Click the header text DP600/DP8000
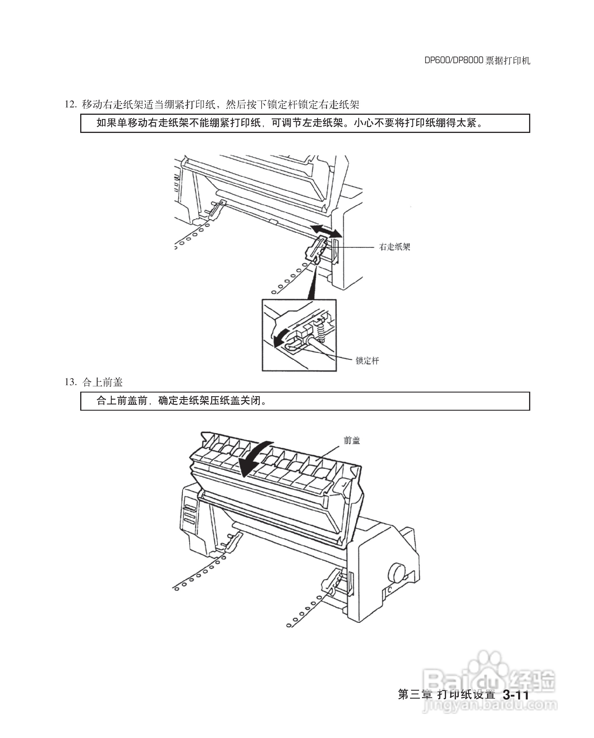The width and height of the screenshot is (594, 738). (x=454, y=61)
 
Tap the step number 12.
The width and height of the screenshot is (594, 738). (x=70, y=104)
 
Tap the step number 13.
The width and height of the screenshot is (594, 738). (x=70, y=382)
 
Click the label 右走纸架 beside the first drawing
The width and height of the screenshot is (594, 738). (x=394, y=247)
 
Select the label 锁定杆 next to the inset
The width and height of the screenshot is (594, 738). (x=367, y=360)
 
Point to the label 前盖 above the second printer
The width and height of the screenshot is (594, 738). (x=352, y=440)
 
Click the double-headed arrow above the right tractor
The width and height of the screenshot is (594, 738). (x=326, y=231)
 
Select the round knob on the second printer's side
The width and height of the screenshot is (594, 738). (x=397, y=573)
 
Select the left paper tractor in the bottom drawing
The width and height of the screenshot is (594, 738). (x=232, y=542)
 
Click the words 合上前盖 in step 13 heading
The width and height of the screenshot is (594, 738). (x=102, y=382)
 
